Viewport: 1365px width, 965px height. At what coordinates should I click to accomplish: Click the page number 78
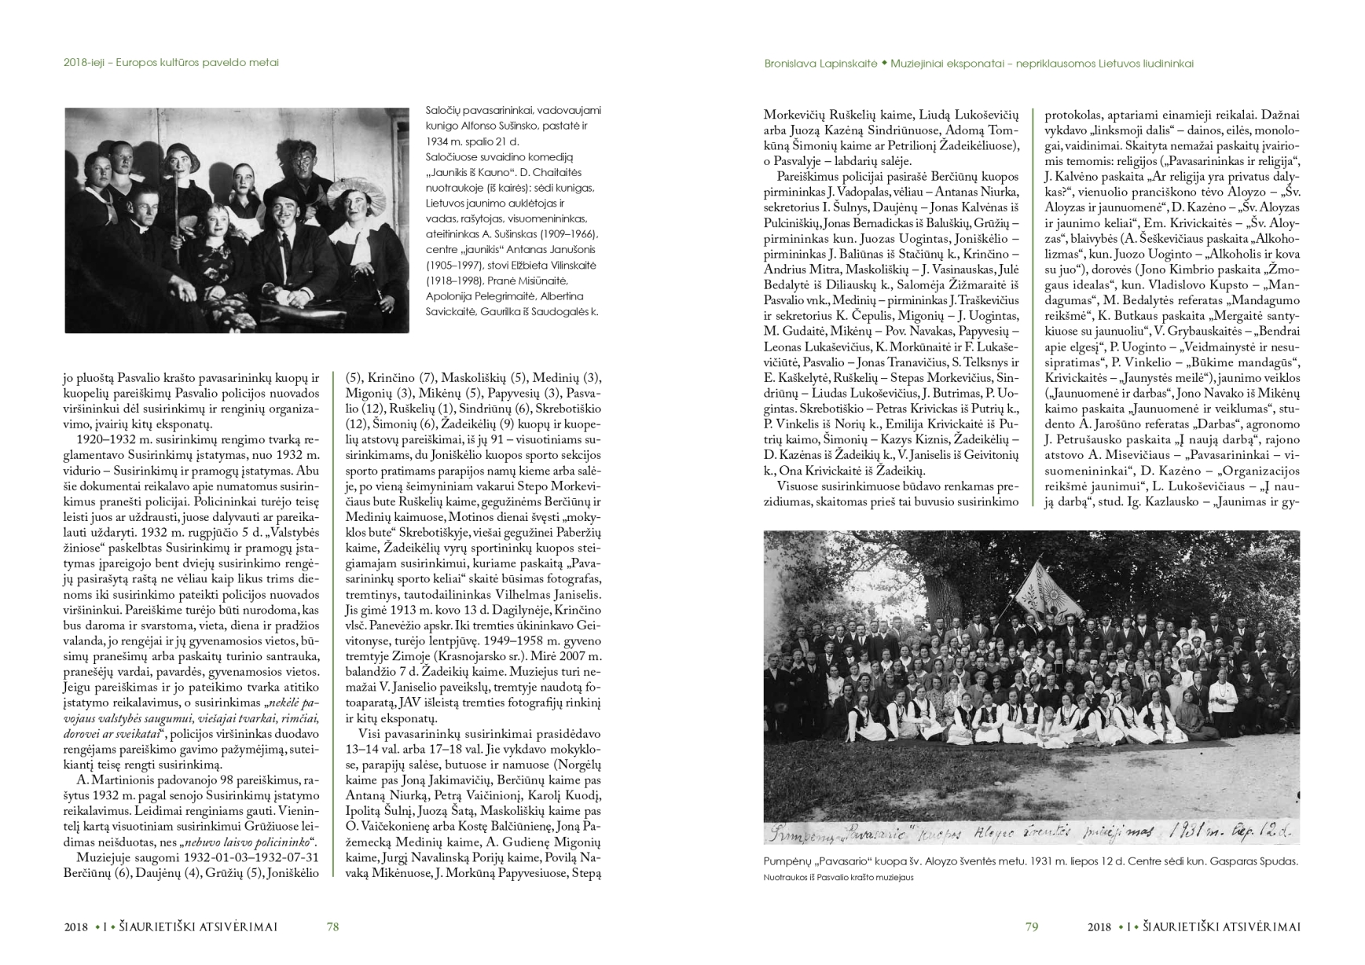332,926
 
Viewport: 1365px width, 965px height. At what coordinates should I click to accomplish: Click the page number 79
1032,926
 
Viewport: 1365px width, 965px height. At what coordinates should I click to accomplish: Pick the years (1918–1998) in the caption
457,281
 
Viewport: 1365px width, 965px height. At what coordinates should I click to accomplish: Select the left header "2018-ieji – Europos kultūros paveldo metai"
171,62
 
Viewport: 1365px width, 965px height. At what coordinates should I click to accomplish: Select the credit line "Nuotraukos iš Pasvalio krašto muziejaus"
838,878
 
